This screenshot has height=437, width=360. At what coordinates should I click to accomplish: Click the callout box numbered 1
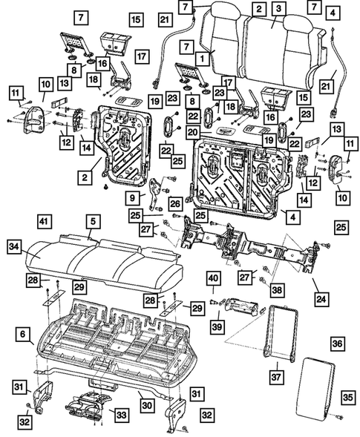200,56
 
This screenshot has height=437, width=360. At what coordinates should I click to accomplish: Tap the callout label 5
91,220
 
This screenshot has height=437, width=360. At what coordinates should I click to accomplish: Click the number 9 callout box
134,198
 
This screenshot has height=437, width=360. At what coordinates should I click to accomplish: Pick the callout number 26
175,202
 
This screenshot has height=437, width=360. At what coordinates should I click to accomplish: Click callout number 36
337,344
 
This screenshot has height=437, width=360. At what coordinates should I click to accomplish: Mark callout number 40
212,278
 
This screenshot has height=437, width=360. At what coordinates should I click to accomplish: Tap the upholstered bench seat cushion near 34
104,256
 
